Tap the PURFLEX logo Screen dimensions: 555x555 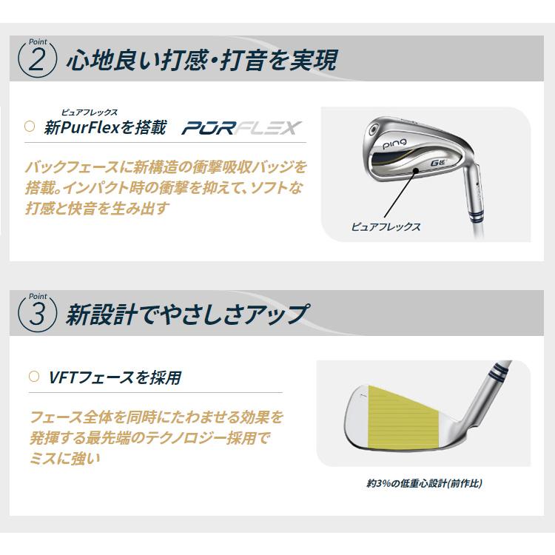(x=241, y=128)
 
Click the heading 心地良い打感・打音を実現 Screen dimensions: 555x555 (x=200, y=60)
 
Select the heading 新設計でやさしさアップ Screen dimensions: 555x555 (x=186, y=314)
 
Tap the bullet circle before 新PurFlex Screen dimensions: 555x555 (x=30, y=127)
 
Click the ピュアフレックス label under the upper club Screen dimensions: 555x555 (x=386, y=227)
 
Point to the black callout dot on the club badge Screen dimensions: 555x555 (x=416, y=171)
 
